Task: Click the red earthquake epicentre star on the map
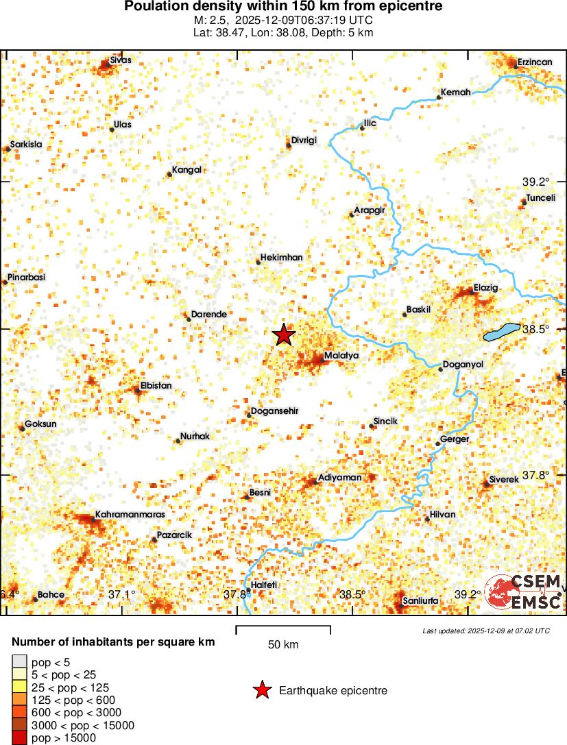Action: click(284, 334)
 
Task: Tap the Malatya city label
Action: click(341, 356)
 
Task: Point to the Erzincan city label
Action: click(534, 62)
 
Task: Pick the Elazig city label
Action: click(485, 287)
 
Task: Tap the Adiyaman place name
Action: click(339, 477)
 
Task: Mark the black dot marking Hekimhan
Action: click(258, 262)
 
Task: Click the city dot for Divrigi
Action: click(288, 145)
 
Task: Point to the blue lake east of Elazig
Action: click(501, 333)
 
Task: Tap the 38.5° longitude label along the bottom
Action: click(352, 594)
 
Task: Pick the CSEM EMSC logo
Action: click(523, 593)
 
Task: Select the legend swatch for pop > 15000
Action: click(20, 738)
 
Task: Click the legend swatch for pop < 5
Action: click(20, 661)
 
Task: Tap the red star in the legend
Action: click(261, 691)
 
